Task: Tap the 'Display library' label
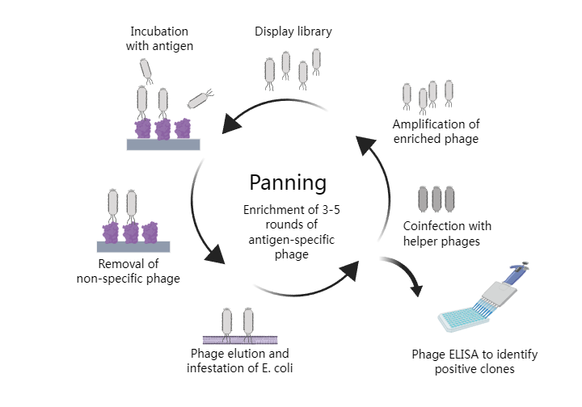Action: [293, 32]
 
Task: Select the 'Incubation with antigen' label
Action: [162, 39]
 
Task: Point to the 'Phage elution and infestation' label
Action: [239, 361]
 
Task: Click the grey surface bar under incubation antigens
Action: [163, 145]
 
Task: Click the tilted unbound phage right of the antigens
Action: [200, 99]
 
